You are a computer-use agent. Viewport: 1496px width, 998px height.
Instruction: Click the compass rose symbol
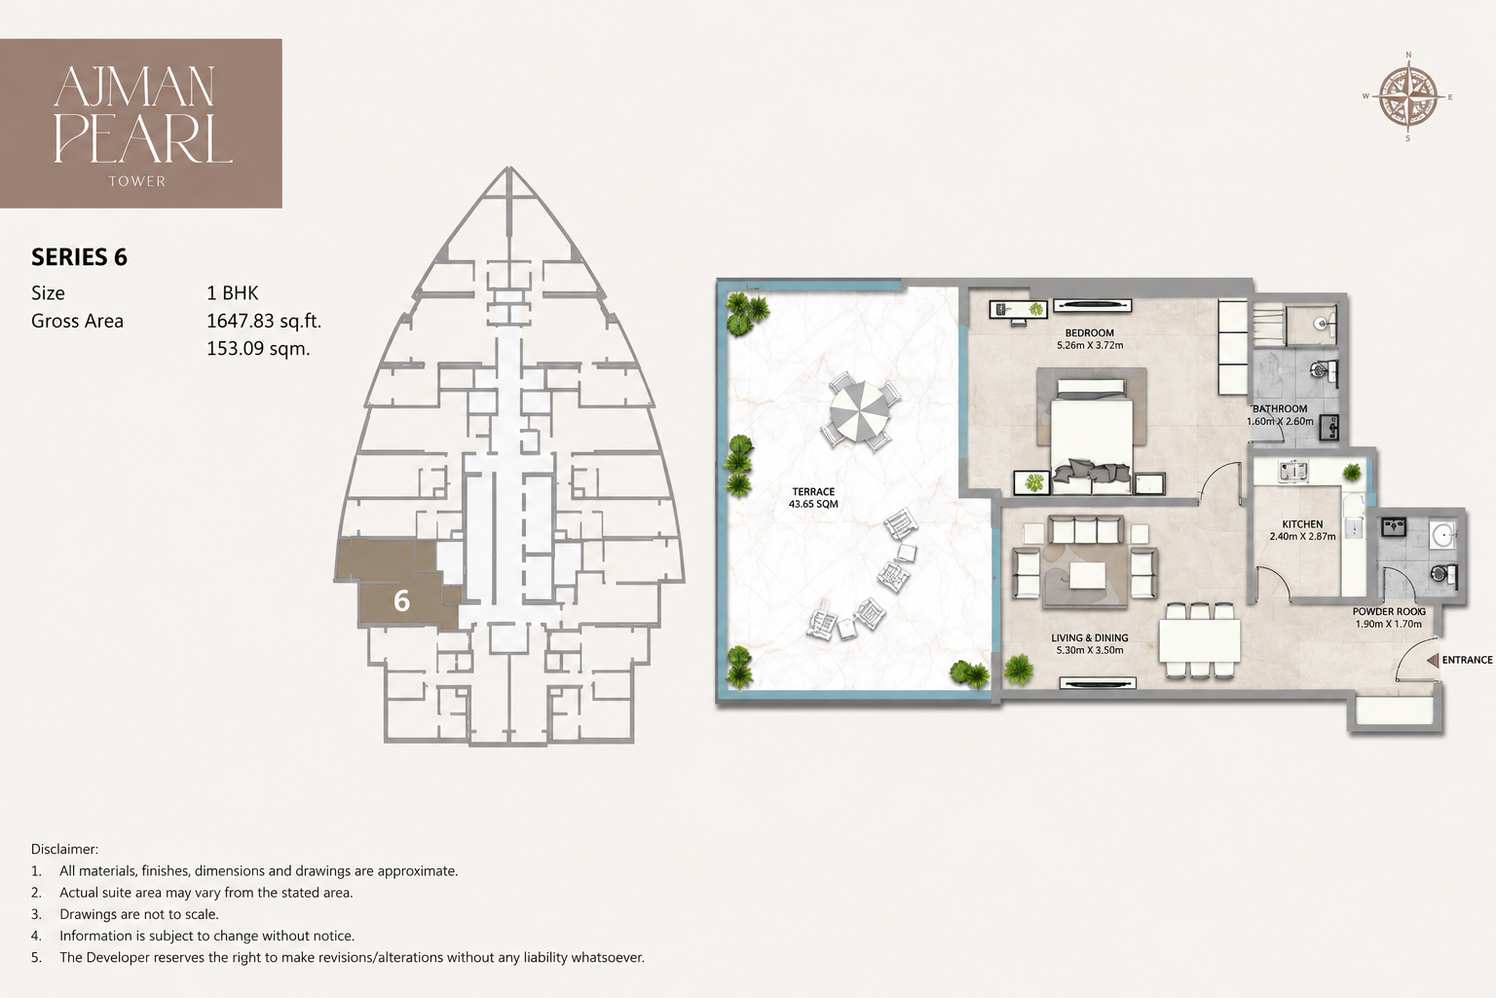point(1407,96)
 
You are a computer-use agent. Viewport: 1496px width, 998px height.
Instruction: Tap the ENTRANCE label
point(1467,660)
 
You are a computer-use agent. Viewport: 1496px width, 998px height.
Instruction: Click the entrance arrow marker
point(1433,661)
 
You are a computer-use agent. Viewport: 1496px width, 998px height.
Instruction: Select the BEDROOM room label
point(1089,333)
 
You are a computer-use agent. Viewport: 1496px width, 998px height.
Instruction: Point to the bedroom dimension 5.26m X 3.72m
point(1089,346)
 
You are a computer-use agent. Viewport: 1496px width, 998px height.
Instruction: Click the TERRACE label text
point(813,491)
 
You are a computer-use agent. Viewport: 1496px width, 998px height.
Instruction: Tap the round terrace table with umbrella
point(861,412)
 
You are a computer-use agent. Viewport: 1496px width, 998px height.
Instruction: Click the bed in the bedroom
point(1091,436)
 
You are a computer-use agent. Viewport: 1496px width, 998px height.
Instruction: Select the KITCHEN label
point(1302,524)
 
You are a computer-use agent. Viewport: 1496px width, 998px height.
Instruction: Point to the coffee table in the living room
point(1088,576)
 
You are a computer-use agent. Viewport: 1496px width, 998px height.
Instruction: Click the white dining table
point(1200,641)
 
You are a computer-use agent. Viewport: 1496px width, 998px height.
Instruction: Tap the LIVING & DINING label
point(1089,637)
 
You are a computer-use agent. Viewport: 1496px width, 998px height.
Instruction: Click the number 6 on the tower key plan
point(401,601)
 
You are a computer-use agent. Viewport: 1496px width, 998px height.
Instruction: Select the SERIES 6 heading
point(80,257)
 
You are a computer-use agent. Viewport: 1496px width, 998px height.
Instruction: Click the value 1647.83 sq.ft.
point(264,321)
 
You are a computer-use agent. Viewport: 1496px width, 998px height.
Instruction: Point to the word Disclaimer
point(64,849)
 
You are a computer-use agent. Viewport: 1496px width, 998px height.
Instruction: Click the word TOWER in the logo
point(137,181)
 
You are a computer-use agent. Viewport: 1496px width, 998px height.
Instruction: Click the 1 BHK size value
point(233,292)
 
